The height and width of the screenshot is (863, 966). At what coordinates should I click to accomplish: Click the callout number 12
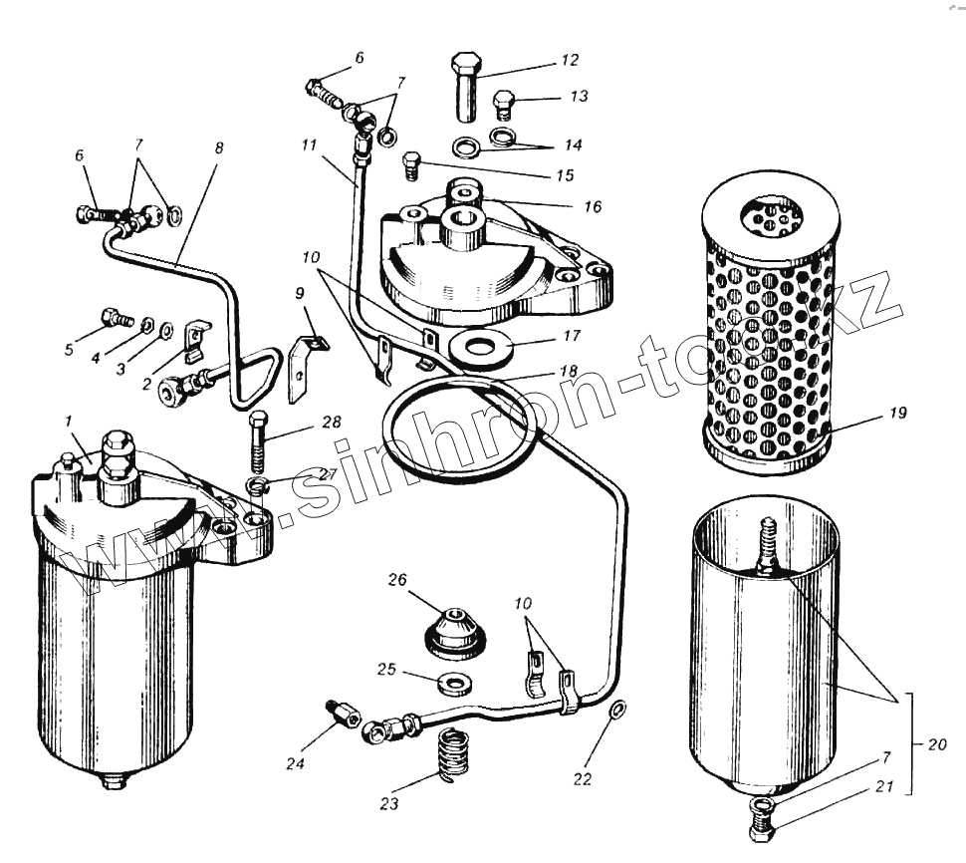(569, 61)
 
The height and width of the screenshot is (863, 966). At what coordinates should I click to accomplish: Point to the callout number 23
(389, 804)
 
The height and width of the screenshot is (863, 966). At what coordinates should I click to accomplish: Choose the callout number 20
(936, 743)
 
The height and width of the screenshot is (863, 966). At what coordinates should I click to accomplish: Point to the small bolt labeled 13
(504, 102)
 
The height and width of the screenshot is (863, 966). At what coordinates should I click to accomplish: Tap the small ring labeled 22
(616, 710)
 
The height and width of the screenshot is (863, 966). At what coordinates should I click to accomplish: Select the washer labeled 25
(455, 684)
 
